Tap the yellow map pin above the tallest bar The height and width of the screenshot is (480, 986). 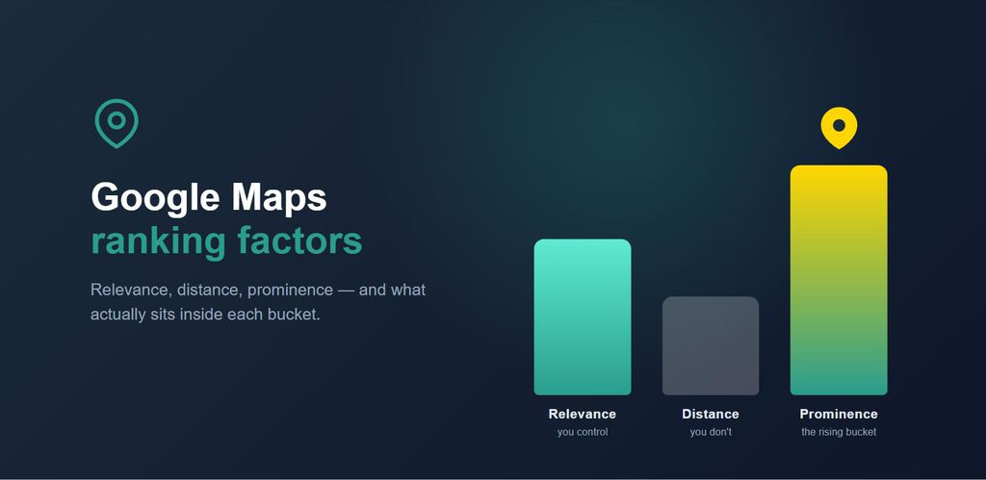(839, 128)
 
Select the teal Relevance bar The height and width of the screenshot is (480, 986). (583, 316)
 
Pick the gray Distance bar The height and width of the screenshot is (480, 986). (711, 345)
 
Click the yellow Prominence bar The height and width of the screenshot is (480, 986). (839, 280)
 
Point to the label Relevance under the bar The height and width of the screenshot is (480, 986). (583, 414)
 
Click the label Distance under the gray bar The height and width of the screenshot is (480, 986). (711, 414)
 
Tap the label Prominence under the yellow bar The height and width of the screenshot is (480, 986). (839, 414)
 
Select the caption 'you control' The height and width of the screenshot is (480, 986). (583, 432)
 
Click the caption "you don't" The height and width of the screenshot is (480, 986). (711, 432)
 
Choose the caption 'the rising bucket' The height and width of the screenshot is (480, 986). (839, 432)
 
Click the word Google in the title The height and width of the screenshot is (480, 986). (155, 198)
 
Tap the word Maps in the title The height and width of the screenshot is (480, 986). (279, 198)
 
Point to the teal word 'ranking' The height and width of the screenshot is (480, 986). (159, 242)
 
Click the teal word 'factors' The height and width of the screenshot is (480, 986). (300, 240)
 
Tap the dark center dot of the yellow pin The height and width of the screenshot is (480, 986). (839, 126)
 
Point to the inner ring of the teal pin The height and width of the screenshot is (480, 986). (117, 114)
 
